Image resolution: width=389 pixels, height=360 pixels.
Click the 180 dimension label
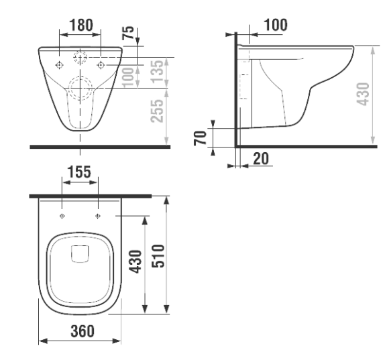point(81,25)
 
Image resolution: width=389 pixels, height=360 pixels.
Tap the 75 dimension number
point(128,33)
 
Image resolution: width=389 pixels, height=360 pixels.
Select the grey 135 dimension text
point(158,71)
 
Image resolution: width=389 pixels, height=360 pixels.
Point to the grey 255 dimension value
point(157,111)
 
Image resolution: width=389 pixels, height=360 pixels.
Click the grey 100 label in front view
point(129,77)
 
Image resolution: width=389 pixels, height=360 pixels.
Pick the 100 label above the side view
point(276,25)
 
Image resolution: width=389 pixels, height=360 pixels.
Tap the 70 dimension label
point(201,138)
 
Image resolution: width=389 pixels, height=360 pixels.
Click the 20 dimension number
point(261,159)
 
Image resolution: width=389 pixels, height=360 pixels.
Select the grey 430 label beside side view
point(363,94)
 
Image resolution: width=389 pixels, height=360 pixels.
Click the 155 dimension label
point(79,172)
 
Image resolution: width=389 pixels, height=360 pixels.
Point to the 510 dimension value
point(158,256)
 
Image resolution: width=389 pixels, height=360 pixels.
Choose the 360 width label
point(82,331)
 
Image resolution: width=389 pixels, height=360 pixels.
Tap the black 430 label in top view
point(136,261)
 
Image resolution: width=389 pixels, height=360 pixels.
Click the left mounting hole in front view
point(59,65)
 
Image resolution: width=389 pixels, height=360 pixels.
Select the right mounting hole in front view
point(101,65)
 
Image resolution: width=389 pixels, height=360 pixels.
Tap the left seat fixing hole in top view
point(62,216)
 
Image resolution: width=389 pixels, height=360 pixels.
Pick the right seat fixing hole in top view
point(98,216)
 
